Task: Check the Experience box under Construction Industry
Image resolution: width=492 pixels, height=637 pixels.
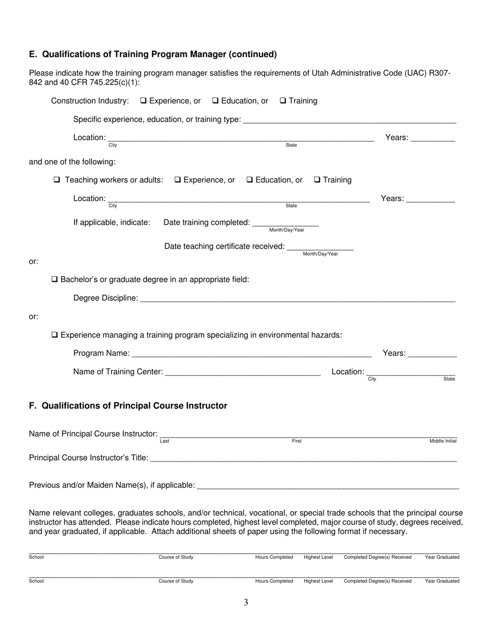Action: (143, 101)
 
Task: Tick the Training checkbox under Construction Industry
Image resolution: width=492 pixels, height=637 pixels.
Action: (283, 101)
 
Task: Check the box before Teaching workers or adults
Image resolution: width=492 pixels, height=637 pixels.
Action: (57, 180)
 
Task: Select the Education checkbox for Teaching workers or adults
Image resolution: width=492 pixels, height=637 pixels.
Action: (250, 180)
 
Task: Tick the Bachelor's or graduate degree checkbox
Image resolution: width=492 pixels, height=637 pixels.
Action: (55, 280)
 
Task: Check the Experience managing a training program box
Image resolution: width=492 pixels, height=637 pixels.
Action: (55, 335)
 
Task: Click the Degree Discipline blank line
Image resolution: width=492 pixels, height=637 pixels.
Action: (297, 299)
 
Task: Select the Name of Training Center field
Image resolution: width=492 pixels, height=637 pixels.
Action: (243, 372)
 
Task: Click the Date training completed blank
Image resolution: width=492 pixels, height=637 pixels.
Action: (285, 223)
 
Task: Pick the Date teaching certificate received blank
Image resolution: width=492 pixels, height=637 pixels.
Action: (320, 247)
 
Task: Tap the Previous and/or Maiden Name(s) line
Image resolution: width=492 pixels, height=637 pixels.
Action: (328, 486)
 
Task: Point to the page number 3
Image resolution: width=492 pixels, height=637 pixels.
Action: (246, 602)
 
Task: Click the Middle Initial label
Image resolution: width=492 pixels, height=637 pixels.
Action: (443, 441)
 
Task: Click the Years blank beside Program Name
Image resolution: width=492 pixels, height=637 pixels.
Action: (432, 354)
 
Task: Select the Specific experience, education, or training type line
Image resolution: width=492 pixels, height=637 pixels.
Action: (349, 120)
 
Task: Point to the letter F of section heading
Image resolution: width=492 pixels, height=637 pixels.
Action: (32, 406)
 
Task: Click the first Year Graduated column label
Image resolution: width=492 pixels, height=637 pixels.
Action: (442, 557)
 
